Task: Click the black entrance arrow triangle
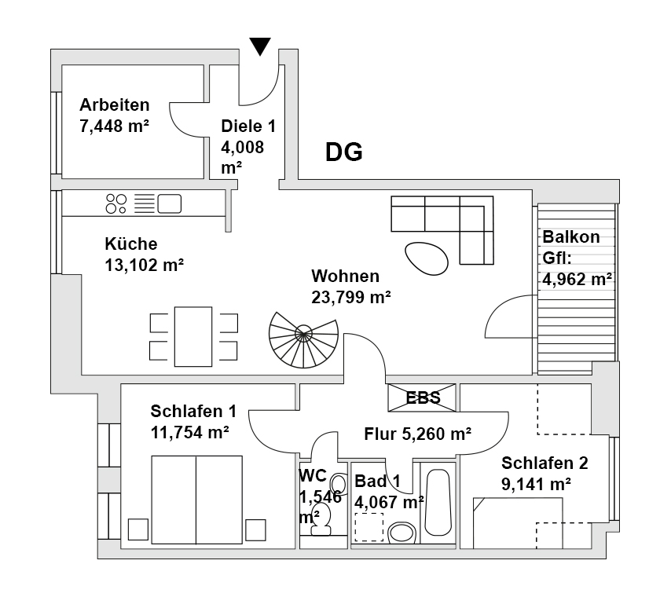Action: (261, 47)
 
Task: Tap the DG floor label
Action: (344, 152)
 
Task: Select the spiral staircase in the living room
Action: (302, 336)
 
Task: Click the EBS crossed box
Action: (422, 397)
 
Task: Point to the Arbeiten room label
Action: (115, 105)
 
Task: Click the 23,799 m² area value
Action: (351, 297)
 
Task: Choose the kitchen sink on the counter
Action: (170, 204)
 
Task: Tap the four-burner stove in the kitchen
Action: (116, 204)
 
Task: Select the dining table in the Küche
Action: (193, 336)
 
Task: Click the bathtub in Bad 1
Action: (438, 503)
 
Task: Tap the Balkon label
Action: (571, 237)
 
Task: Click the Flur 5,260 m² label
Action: (418, 434)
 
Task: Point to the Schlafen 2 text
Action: (544, 463)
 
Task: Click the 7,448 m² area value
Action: (115, 126)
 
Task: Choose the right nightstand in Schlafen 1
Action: (255, 529)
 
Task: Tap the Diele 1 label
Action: (248, 126)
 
